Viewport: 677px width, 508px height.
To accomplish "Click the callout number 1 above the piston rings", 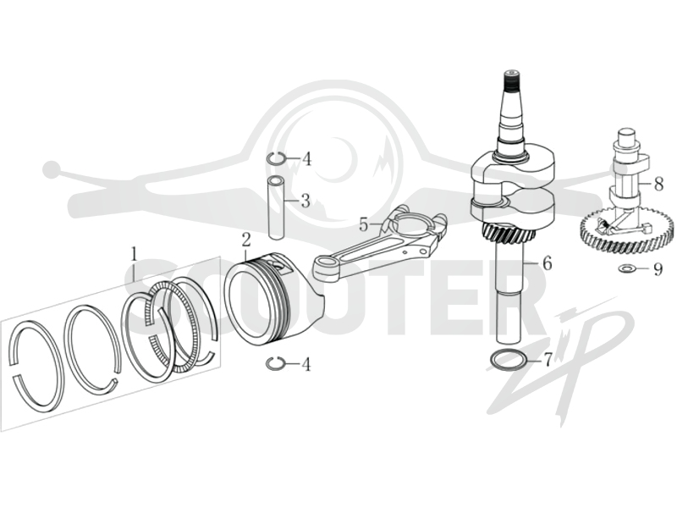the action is coord(135,254).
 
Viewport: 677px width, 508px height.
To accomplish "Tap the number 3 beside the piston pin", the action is coord(305,201).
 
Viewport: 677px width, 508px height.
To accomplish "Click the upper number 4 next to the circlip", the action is coord(306,159).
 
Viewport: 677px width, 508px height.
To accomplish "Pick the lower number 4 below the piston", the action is coord(306,365).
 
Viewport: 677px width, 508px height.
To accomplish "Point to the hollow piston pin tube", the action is coord(275,207).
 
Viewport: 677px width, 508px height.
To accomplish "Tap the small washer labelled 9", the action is coord(625,269).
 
